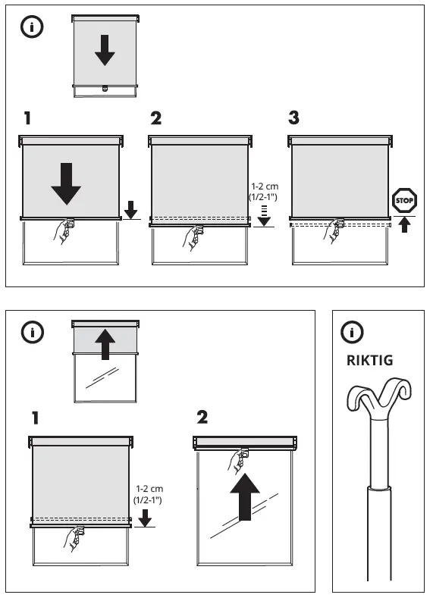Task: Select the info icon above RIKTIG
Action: (x=353, y=331)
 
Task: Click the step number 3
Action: (x=294, y=118)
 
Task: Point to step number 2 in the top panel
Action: (x=156, y=118)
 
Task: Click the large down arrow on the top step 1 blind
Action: (x=67, y=181)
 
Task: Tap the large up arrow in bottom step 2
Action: (x=244, y=495)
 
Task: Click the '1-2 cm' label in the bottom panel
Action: (x=149, y=489)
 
